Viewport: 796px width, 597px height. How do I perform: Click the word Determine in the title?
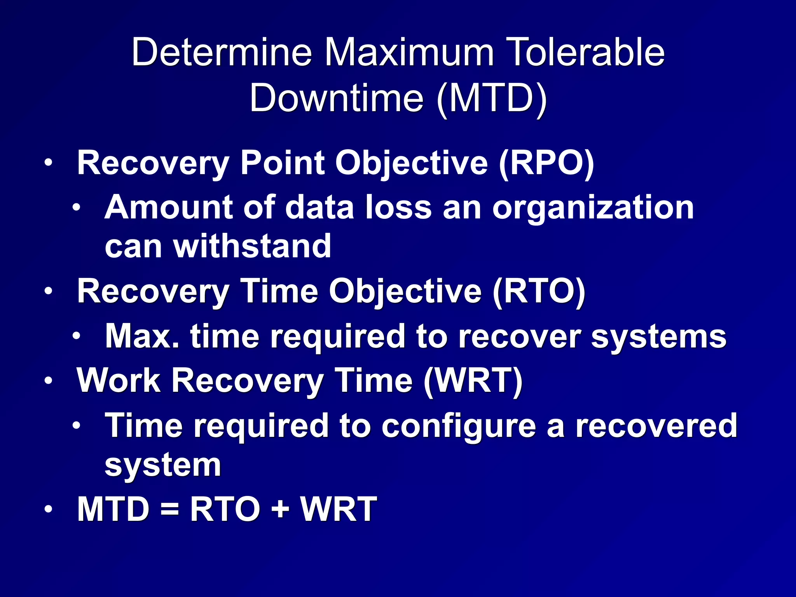click(222, 52)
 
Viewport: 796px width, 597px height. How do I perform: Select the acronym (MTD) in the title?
click(492, 98)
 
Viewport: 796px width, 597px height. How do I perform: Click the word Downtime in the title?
click(336, 98)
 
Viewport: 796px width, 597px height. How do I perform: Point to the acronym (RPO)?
click(546, 163)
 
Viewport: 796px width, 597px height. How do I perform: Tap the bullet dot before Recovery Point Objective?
click(48, 163)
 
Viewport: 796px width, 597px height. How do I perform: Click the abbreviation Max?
click(142, 336)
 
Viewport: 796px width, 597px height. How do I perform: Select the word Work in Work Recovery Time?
click(119, 381)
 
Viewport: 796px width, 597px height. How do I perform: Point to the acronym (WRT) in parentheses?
click(473, 381)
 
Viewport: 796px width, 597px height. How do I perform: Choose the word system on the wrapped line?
click(163, 466)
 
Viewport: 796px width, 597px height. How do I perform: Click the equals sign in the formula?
click(169, 509)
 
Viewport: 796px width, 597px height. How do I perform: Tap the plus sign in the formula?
click(280, 509)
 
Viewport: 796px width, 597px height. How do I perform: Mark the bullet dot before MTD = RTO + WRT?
click(48, 509)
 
